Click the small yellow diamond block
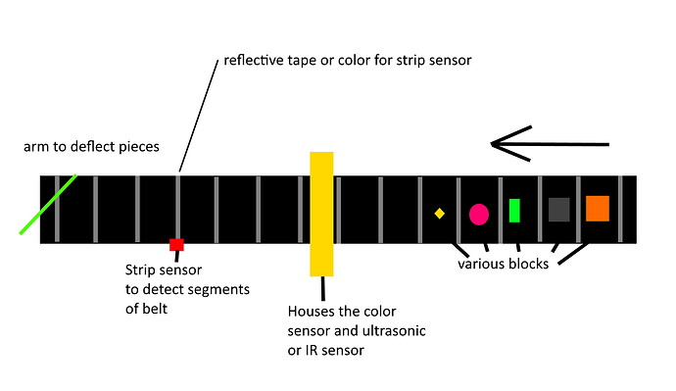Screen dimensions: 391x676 click(440, 213)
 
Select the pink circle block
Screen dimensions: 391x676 click(479, 214)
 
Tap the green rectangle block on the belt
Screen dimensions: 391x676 click(514, 211)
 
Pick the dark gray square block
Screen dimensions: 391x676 click(558, 210)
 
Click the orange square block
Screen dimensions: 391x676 click(598, 209)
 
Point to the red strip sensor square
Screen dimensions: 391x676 click(176, 244)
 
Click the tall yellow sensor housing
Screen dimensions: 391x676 click(322, 214)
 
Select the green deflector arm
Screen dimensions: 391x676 click(48, 205)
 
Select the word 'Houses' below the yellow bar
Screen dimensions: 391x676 click(310, 313)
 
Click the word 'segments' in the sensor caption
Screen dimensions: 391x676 click(220, 290)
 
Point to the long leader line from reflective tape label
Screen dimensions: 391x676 click(196, 119)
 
